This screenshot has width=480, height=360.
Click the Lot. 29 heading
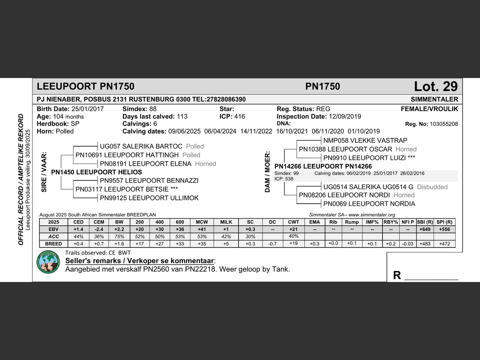pyautogui.click(x=436, y=87)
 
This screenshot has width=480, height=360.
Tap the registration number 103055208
pyautogui.click(x=444, y=124)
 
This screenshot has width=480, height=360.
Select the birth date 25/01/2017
pyautogui.click(x=87, y=109)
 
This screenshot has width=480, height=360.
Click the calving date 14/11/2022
pyautogui.click(x=256, y=131)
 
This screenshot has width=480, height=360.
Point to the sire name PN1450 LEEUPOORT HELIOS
pyautogui.click(x=96, y=172)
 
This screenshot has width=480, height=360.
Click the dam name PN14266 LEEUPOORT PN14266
pyautogui.click(x=323, y=166)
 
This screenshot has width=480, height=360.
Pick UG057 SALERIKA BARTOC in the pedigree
pyautogui.click(x=141, y=146)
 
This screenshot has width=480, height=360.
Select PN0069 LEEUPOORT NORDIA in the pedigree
pyautogui.click(x=369, y=204)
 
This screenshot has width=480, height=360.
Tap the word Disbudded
pyautogui.click(x=432, y=187)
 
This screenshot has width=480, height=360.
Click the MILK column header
pyautogui.click(x=226, y=222)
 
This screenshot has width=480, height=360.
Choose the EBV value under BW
pyautogui.click(x=119, y=229)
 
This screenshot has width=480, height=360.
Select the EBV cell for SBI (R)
pyautogui.click(x=425, y=229)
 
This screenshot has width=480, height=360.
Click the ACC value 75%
pyautogui.click(x=119, y=237)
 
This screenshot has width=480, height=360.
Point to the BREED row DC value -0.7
pyautogui.click(x=272, y=244)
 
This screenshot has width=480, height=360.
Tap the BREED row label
pyautogui.click(x=53, y=244)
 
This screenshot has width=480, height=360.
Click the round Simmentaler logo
pyautogui.click(x=48, y=262)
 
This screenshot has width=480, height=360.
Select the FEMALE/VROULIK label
pyautogui.click(x=429, y=109)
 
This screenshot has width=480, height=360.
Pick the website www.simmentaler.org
pyautogui.click(x=372, y=215)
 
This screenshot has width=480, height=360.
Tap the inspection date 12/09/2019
pyautogui.click(x=345, y=117)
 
